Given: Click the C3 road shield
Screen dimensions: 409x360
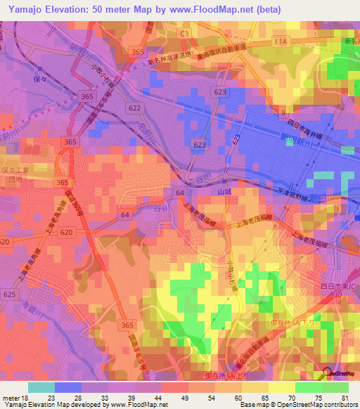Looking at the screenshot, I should click(x=185, y=33).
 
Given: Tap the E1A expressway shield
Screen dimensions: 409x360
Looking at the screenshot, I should click(x=282, y=42).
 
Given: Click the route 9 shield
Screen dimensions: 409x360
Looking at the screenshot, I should click(x=283, y=112).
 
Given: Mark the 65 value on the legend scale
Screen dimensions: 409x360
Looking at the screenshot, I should click(x=264, y=397).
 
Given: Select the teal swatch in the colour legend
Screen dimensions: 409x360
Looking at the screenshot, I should click(x=41, y=387).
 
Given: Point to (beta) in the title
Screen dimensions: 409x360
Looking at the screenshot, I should click(x=263, y=10).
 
